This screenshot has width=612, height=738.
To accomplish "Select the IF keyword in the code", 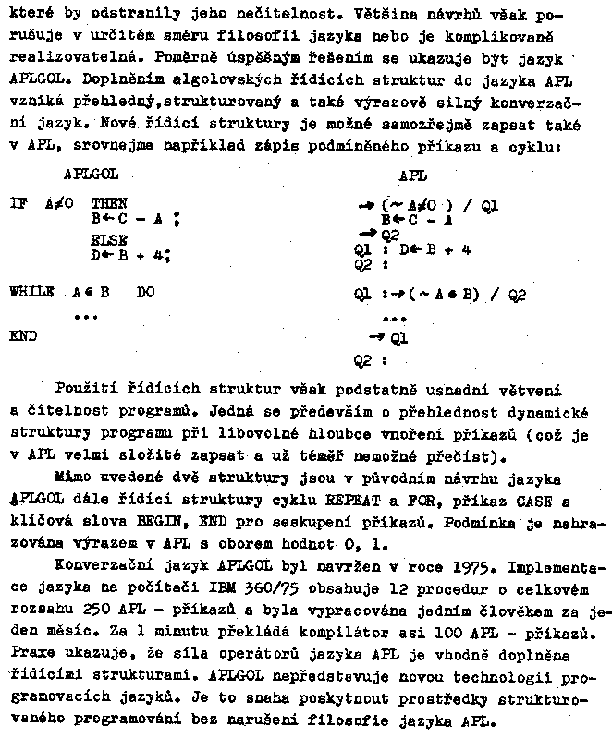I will (18, 203).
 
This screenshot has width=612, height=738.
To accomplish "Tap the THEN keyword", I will (109, 203).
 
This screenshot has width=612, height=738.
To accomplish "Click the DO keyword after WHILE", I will (146, 291).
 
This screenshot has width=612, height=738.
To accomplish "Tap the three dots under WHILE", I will (86, 316).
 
